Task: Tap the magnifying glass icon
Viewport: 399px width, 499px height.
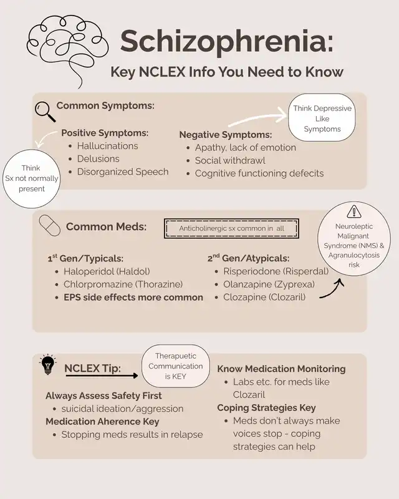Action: (45, 111)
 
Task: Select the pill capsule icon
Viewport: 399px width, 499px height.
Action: (49, 225)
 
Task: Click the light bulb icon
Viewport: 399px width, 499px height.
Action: (47, 366)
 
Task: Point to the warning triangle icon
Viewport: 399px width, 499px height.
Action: (353, 211)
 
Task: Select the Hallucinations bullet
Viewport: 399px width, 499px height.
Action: (107, 145)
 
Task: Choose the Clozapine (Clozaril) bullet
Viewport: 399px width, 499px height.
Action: (264, 297)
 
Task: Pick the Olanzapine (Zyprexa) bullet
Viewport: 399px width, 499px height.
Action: (269, 284)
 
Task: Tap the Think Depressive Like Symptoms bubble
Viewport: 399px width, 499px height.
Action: (322, 119)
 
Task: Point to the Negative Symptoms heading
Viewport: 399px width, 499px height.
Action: (225, 134)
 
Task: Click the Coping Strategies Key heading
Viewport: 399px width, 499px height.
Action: (266, 408)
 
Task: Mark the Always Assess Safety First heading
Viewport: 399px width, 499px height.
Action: (103, 395)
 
